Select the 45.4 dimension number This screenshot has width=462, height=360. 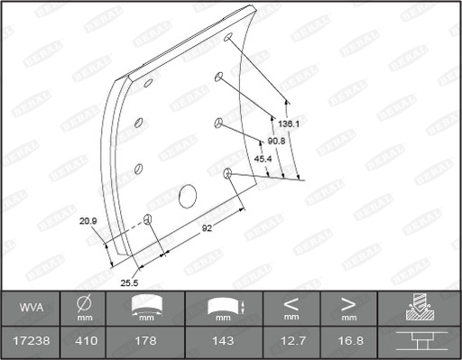(x=263, y=159)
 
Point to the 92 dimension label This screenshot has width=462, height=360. (x=207, y=227)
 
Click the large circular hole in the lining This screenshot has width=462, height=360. (x=188, y=195)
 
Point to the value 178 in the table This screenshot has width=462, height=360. (x=145, y=341)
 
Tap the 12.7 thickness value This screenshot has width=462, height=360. (x=291, y=341)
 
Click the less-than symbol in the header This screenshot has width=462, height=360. (x=291, y=304)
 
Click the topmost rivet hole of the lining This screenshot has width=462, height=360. (x=228, y=40)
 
